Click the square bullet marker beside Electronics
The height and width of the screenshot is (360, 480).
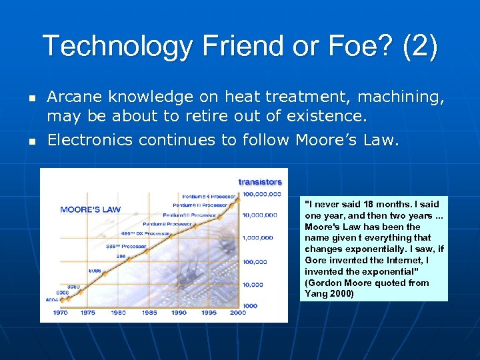[x=31, y=141]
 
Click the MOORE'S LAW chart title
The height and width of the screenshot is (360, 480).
[x=90, y=209]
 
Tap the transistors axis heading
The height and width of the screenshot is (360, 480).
[x=260, y=181]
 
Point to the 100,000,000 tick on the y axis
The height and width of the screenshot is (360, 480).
[x=257, y=194]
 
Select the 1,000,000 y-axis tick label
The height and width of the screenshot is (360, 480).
[x=257, y=237]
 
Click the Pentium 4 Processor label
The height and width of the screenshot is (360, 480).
[x=207, y=196]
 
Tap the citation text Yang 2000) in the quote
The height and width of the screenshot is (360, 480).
[x=329, y=293]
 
